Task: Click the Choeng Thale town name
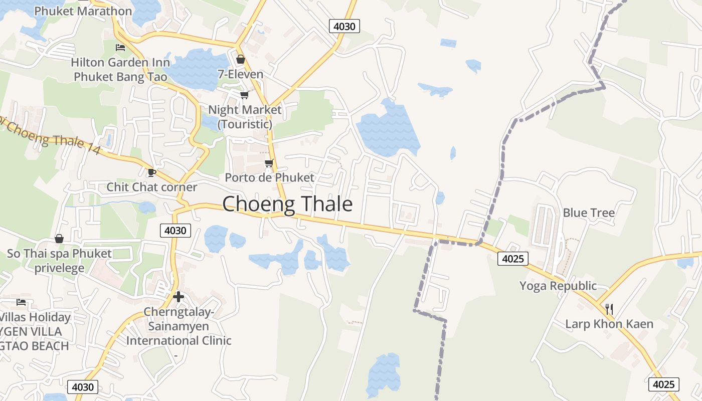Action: (x=287, y=205)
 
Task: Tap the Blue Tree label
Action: (x=589, y=213)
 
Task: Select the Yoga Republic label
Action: (x=558, y=286)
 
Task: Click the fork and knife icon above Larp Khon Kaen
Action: (x=609, y=309)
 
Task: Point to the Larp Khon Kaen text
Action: (x=609, y=324)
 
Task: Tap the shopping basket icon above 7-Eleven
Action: (x=241, y=60)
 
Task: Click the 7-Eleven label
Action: (x=240, y=74)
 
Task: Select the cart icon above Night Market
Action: (x=244, y=95)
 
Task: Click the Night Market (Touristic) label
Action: (x=245, y=116)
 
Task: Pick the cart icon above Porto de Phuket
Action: (x=269, y=163)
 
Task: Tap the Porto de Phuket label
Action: (x=269, y=177)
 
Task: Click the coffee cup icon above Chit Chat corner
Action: (x=151, y=173)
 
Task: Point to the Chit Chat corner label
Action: (x=152, y=187)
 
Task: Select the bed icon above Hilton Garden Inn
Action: (x=120, y=48)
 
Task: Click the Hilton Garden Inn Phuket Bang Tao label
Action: (x=120, y=70)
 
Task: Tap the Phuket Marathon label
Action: (x=83, y=11)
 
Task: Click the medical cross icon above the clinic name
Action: (x=179, y=297)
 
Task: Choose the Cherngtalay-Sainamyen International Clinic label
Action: (x=179, y=326)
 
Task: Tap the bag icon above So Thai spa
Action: (x=59, y=239)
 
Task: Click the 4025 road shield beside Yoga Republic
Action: (x=513, y=259)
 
